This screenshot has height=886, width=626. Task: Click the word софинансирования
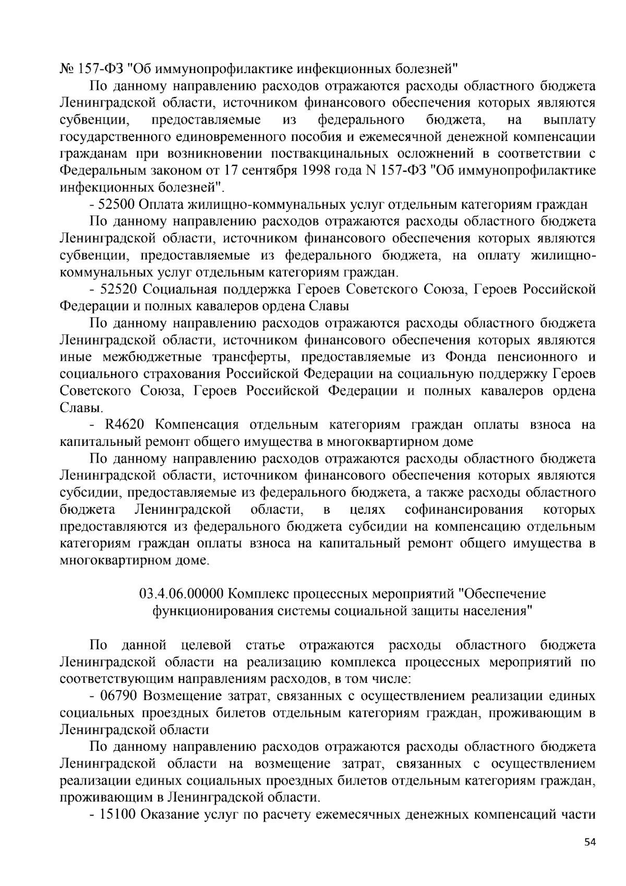[x=464, y=510]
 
